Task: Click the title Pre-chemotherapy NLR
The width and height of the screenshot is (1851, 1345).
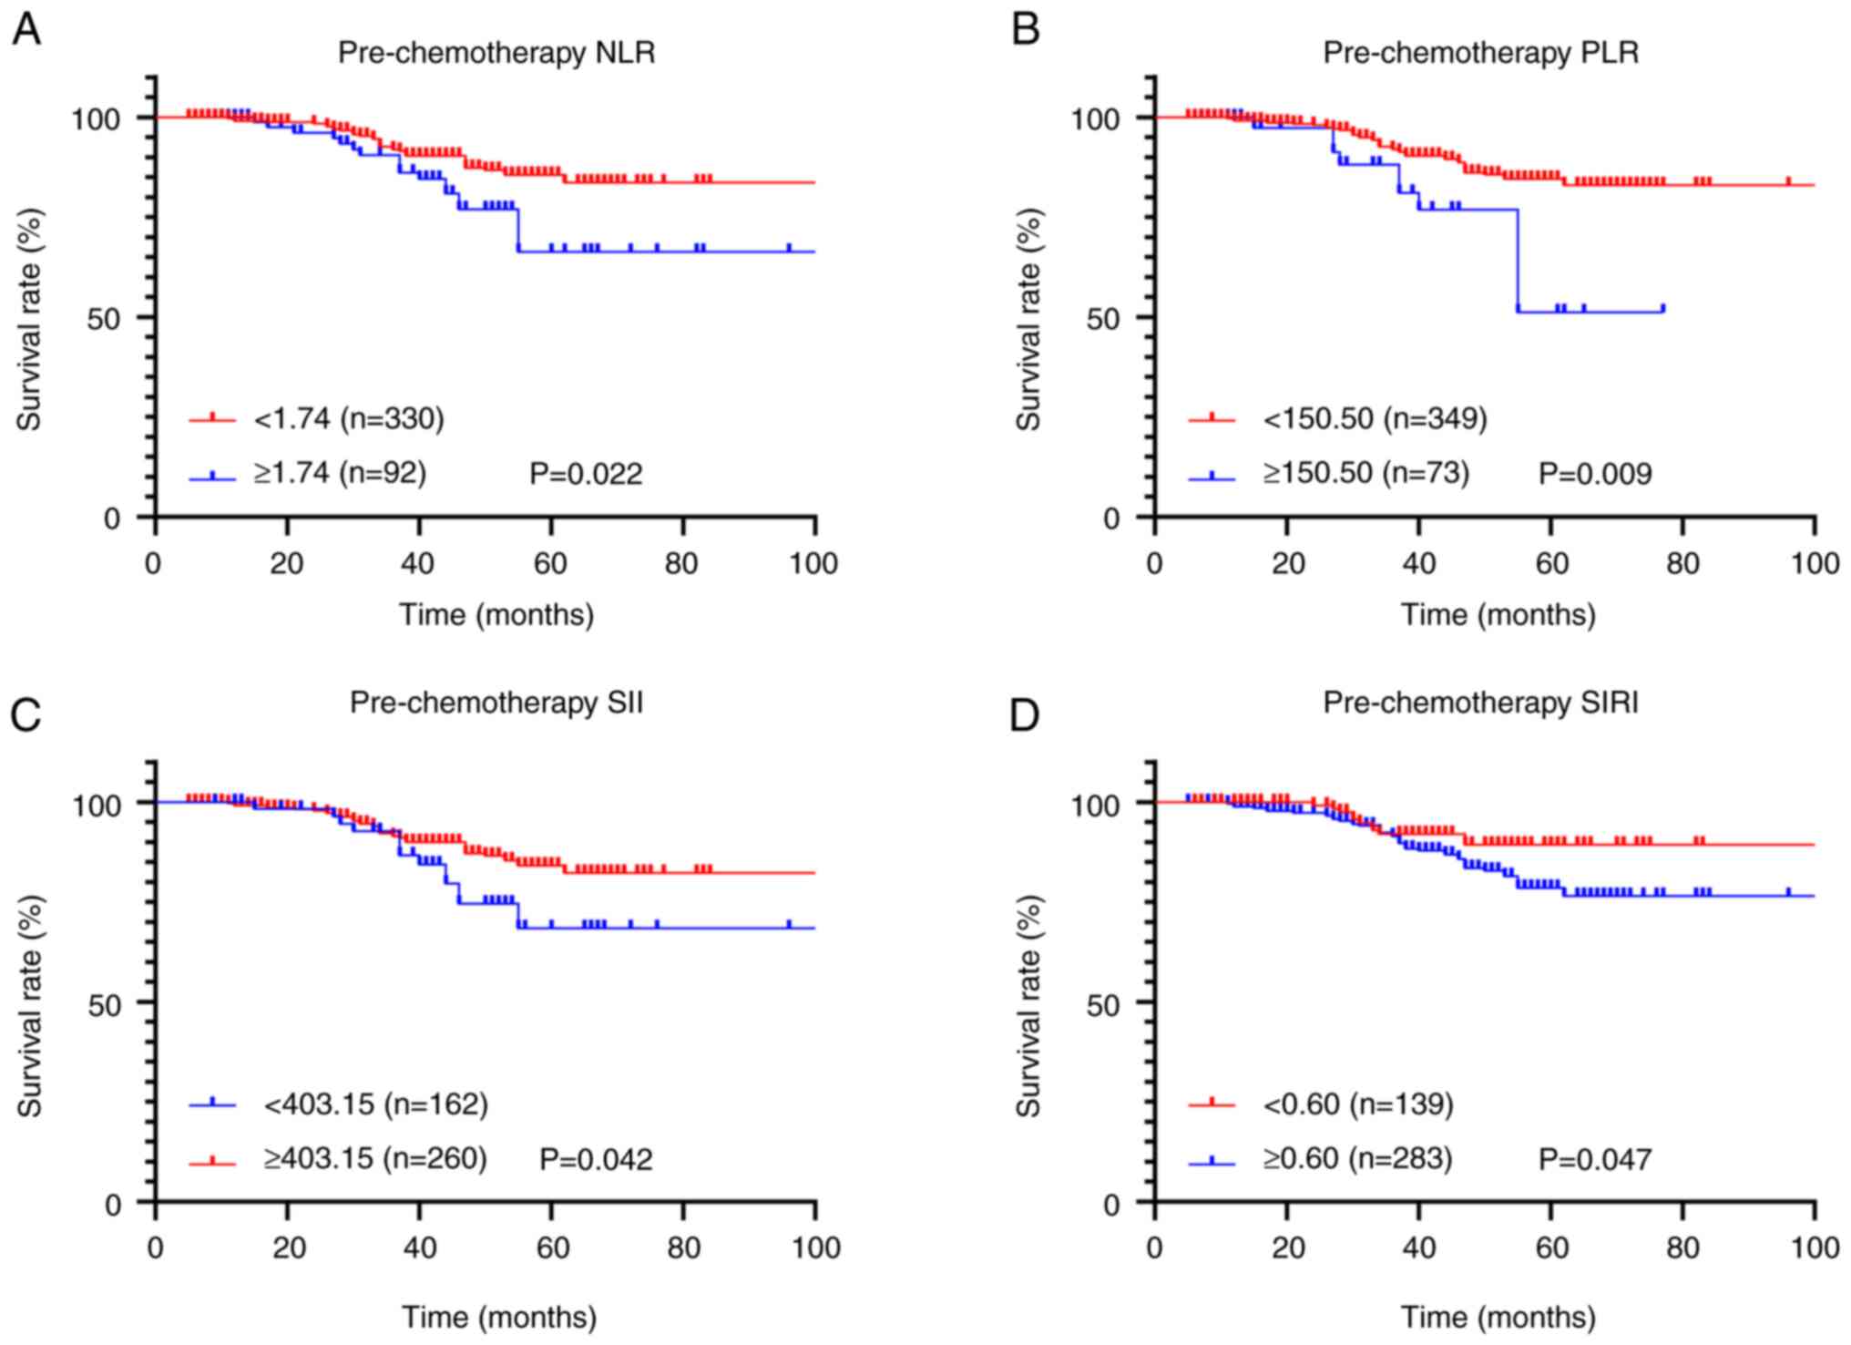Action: [x=496, y=53]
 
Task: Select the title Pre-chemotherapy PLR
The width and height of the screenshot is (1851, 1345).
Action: [x=1480, y=53]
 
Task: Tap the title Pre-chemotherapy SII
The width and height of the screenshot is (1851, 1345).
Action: [x=496, y=703]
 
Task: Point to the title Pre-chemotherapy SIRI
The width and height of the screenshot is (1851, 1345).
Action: [x=1480, y=703]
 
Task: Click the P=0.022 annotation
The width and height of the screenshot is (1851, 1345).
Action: [x=586, y=474]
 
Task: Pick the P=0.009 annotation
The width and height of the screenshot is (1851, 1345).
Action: [x=1594, y=474]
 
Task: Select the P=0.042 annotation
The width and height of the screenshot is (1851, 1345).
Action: [x=596, y=1159]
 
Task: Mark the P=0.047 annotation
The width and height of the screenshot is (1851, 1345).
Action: [x=1594, y=1159]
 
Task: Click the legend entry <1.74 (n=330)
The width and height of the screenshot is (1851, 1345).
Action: [x=349, y=418]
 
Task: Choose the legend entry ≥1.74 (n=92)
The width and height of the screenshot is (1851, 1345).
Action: [x=340, y=473]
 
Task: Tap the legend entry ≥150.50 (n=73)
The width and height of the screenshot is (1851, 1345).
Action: [x=1365, y=473]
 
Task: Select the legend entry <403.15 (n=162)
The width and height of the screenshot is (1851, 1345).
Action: [x=375, y=1104]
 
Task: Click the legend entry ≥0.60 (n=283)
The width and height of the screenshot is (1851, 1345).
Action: [x=1357, y=1158]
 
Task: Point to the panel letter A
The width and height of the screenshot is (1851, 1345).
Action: [x=26, y=30]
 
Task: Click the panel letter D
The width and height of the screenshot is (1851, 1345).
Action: [x=1025, y=715]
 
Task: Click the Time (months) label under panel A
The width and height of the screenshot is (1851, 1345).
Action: [x=496, y=615]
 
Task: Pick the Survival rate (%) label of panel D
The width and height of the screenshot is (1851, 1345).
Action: [x=1028, y=1004]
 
